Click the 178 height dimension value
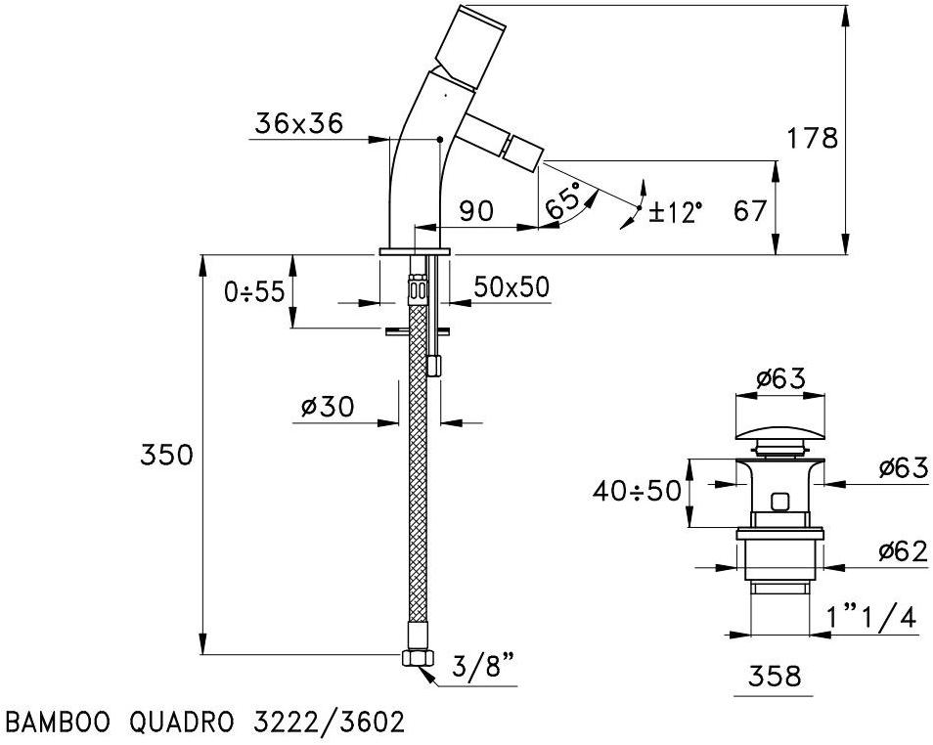(813, 138)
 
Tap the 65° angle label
(564, 201)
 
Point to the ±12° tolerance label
(675, 212)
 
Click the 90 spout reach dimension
(478, 211)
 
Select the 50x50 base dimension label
(511, 286)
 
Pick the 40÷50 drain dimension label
(636, 491)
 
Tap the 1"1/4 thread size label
(869, 617)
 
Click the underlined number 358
(773, 676)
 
